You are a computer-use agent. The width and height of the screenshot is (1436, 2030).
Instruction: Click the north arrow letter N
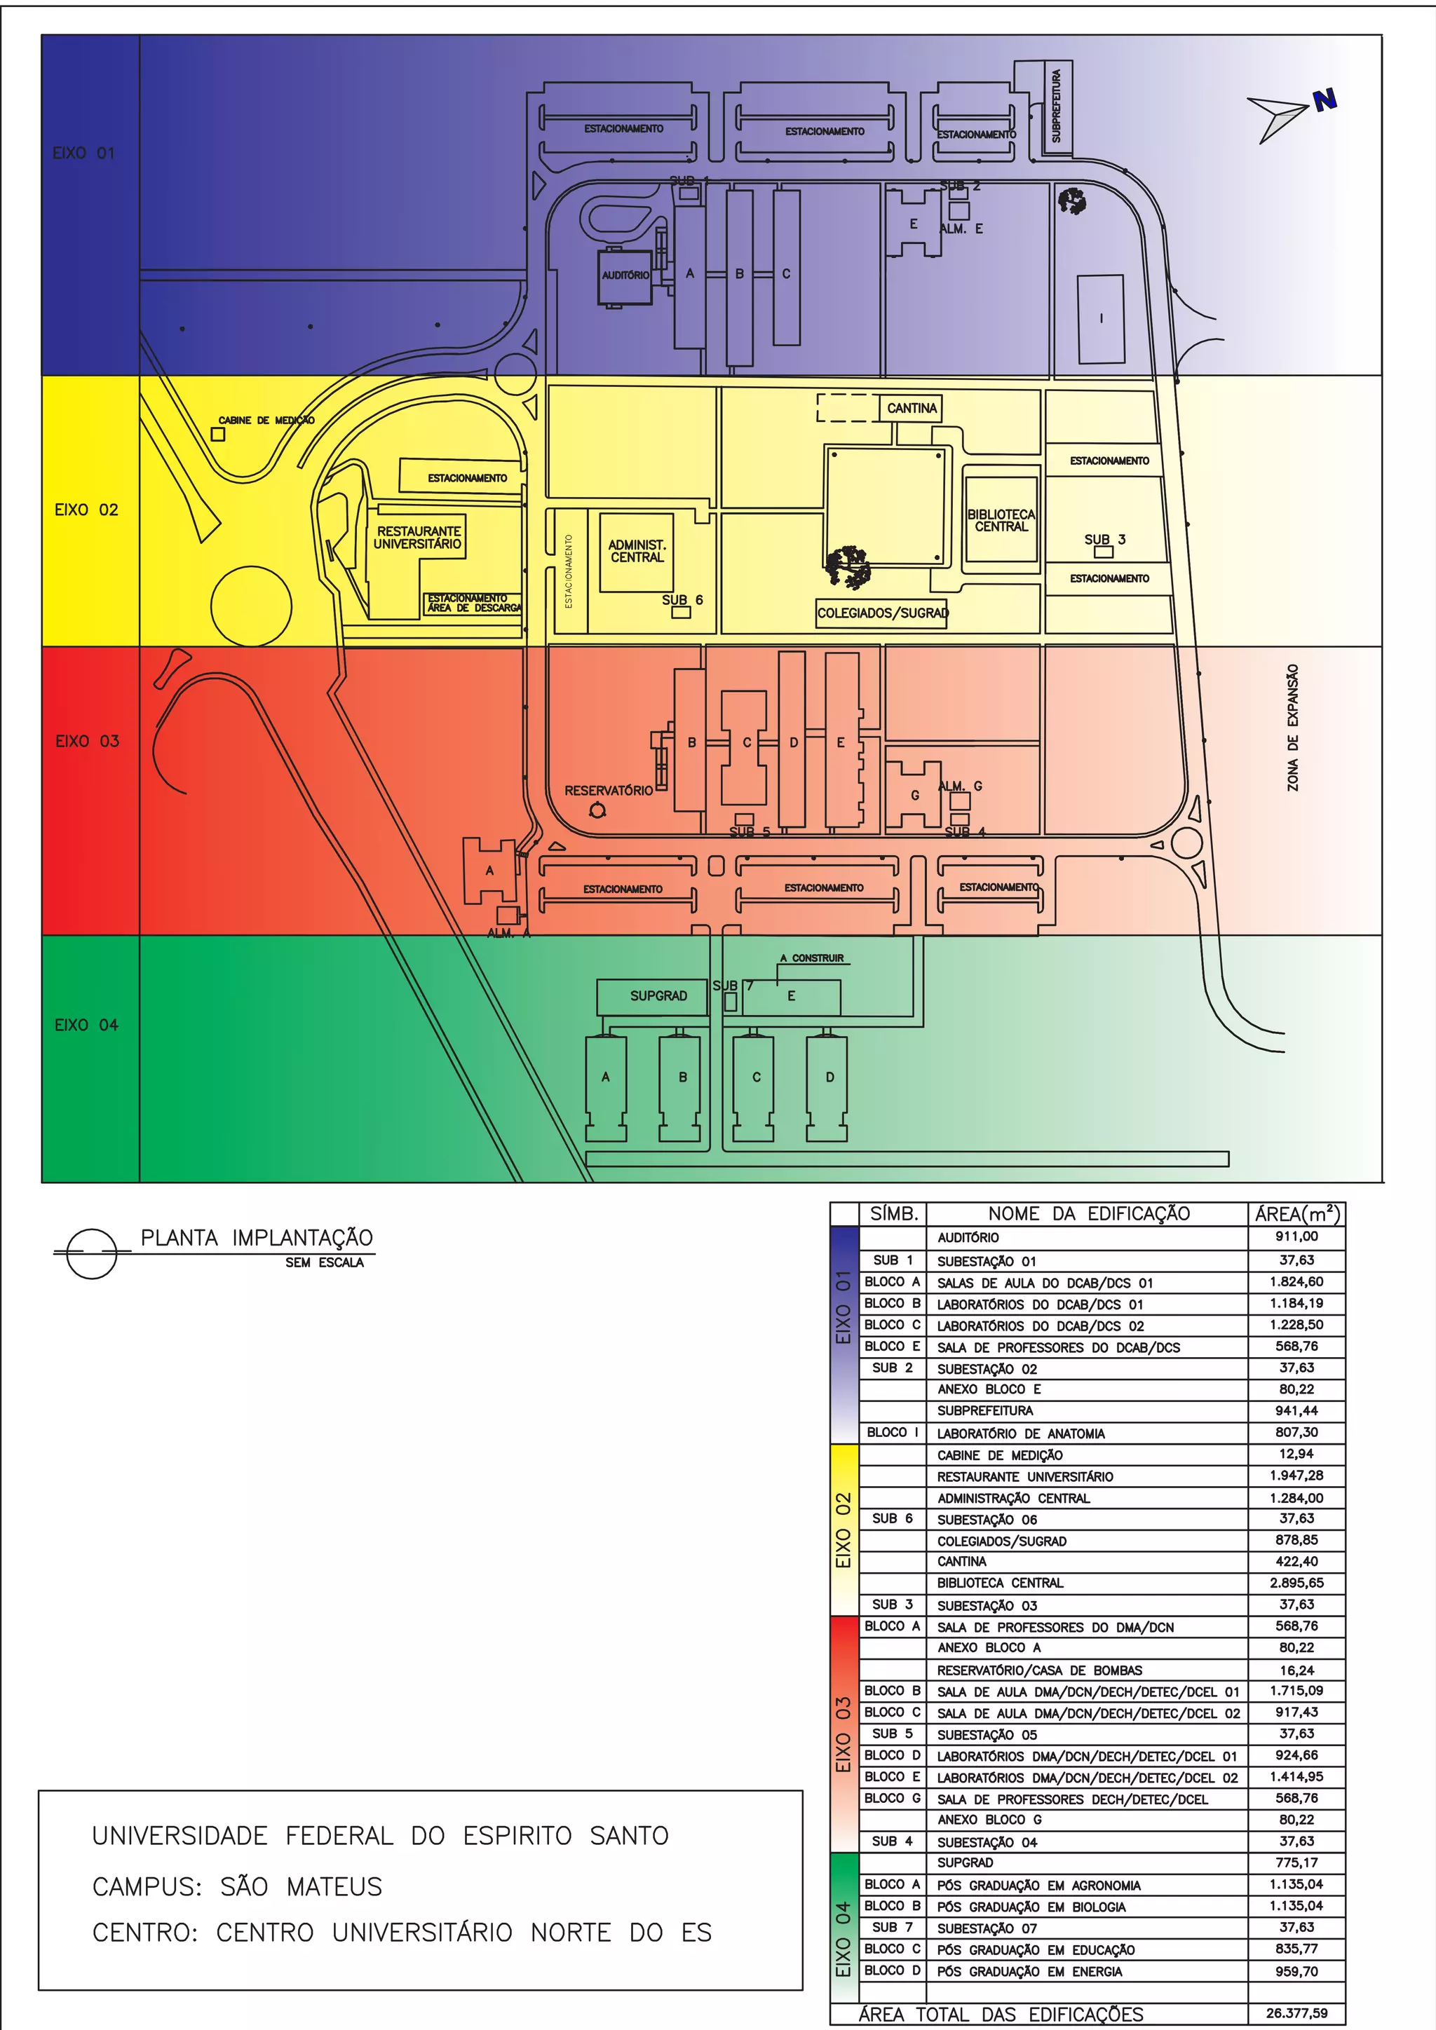(x=1324, y=101)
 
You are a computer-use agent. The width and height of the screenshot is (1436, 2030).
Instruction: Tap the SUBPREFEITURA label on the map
(x=1056, y=106)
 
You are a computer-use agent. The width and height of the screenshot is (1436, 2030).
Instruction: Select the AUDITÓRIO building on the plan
(x=625, y=276)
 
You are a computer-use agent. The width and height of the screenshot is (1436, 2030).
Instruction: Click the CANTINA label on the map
(x=912, y=409)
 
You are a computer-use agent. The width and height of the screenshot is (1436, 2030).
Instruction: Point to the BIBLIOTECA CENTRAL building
(x=1001, y=520)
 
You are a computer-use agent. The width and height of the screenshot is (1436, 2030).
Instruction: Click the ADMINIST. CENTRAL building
(x=637, y=552)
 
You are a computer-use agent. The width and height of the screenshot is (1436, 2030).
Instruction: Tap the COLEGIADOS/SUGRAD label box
(x=881, y=613)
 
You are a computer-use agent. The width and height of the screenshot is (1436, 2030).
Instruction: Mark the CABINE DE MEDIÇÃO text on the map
(x=266, y=420)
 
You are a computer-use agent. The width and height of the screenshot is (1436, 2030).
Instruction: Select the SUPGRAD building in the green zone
(x=658, y=997)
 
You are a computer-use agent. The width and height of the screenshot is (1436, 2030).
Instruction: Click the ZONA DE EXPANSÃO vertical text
(x=1294, y=728)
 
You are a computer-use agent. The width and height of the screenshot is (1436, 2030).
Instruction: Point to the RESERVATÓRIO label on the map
(x=609, y=791)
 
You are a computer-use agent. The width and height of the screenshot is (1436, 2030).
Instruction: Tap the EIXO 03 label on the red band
(x=87, y=741)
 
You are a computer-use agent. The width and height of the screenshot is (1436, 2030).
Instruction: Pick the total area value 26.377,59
(x=1296, y=2013)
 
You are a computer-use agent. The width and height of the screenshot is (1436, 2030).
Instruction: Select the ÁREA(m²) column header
(x=1296, y=1214)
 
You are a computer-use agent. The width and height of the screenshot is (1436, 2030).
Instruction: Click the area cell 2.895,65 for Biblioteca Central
(x=1296, y=1583)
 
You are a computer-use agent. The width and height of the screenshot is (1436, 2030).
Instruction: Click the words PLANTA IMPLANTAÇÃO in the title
(x=257, y=1238)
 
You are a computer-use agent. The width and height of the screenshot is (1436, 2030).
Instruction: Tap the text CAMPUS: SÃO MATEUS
(x=237, y=1887)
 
